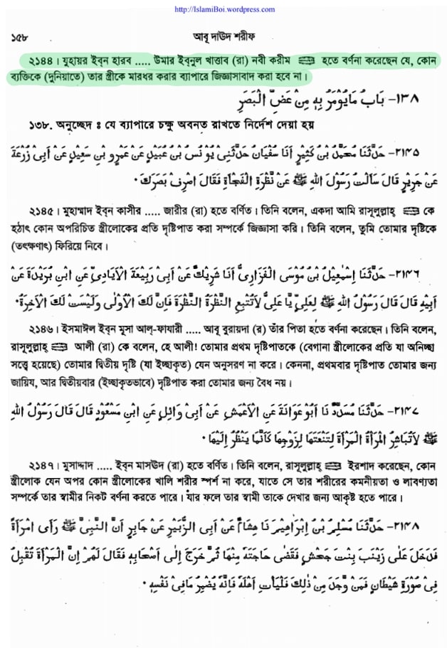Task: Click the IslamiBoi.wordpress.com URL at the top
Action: point(224,9)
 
